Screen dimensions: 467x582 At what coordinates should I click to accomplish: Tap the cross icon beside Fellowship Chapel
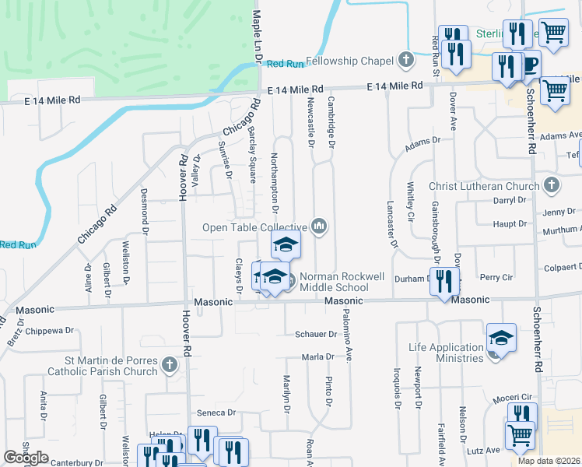(x=405, y=60)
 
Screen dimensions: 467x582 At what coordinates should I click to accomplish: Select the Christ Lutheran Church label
(x=484, y=186)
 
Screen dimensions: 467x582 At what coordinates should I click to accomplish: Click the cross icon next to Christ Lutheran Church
(x=551, y=185)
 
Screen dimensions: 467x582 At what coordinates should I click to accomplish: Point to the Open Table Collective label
(x=255, y=227)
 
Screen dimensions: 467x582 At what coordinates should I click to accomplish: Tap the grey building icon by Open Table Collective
(x=319, y=226)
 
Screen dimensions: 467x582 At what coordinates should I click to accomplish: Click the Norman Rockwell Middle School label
(x=334, y=282)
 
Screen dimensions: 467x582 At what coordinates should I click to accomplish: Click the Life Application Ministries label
(x=447, y=353)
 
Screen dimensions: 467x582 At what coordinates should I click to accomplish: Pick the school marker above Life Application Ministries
(x=501, y=339)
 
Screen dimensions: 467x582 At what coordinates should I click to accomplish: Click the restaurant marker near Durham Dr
(x=444, y=281)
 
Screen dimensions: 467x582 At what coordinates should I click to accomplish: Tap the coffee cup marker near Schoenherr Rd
(x=530, y=65)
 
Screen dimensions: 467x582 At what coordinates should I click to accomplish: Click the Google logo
(x=26, y=458)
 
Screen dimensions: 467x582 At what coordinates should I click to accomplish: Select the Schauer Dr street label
(x=315, y=334)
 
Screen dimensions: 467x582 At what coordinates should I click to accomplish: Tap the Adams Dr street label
(x=422, y=143)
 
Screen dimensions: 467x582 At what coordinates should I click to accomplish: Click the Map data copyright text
(x=549, y=461)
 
